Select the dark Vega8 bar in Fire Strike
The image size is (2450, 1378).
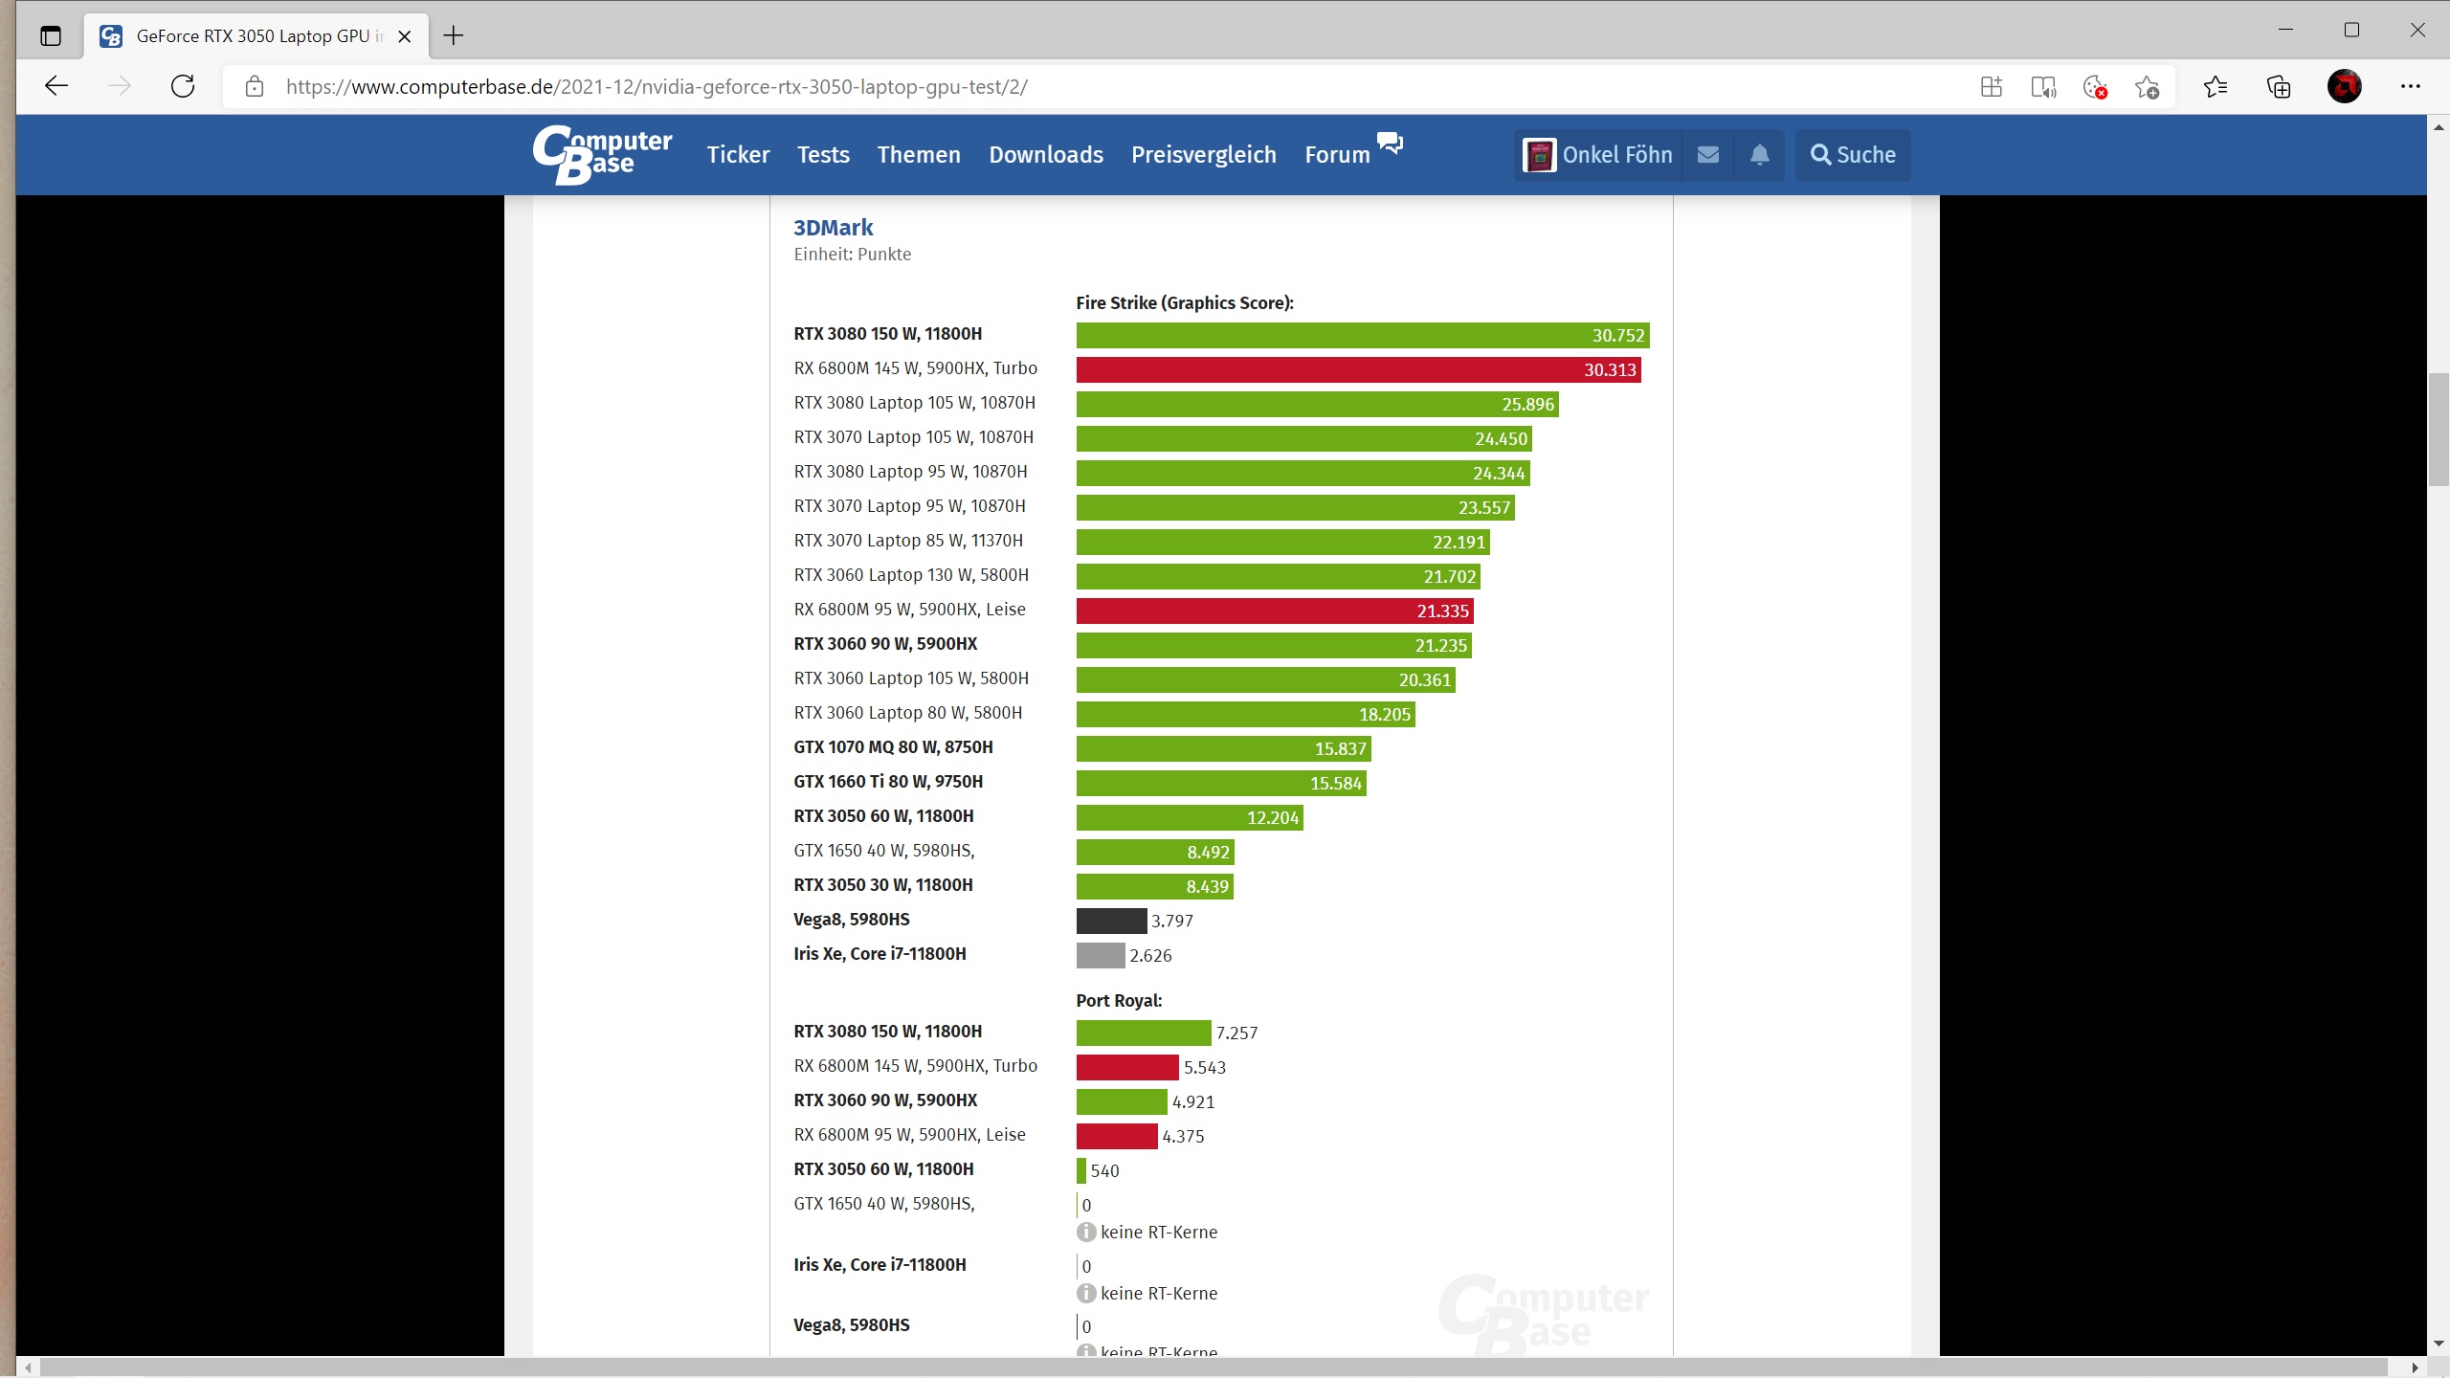[x=1110, y=921]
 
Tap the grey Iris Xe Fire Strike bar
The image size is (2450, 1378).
[x=1100, y=955]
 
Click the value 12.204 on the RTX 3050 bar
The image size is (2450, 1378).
[x=1272, y=818]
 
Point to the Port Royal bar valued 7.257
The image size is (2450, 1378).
[x=1143, y=1033]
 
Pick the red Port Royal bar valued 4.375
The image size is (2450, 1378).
[x=1116, y=1136]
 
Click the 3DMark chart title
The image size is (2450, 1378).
[x=833, y=228]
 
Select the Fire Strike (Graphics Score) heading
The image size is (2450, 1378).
[x=1184, y=302]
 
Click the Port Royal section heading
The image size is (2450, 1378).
[x=1118, y=1000]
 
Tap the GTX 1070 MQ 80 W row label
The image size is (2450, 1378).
[x=892, y=747]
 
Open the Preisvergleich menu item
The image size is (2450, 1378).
[x=1203, y=155]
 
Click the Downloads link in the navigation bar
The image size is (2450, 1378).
[x=1045, y=155]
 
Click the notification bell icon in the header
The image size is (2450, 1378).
[x=1759, y=155]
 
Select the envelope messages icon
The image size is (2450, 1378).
[x=1707, y=155]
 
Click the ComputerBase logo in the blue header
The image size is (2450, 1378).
[x=602, y=154]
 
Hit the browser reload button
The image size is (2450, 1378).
[x=183, y=86]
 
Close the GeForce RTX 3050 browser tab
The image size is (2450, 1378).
[x=405, y=36]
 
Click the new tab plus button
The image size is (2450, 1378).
[x=454, y=36]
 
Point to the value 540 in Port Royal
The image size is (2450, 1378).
[x=1103, y=1171]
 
